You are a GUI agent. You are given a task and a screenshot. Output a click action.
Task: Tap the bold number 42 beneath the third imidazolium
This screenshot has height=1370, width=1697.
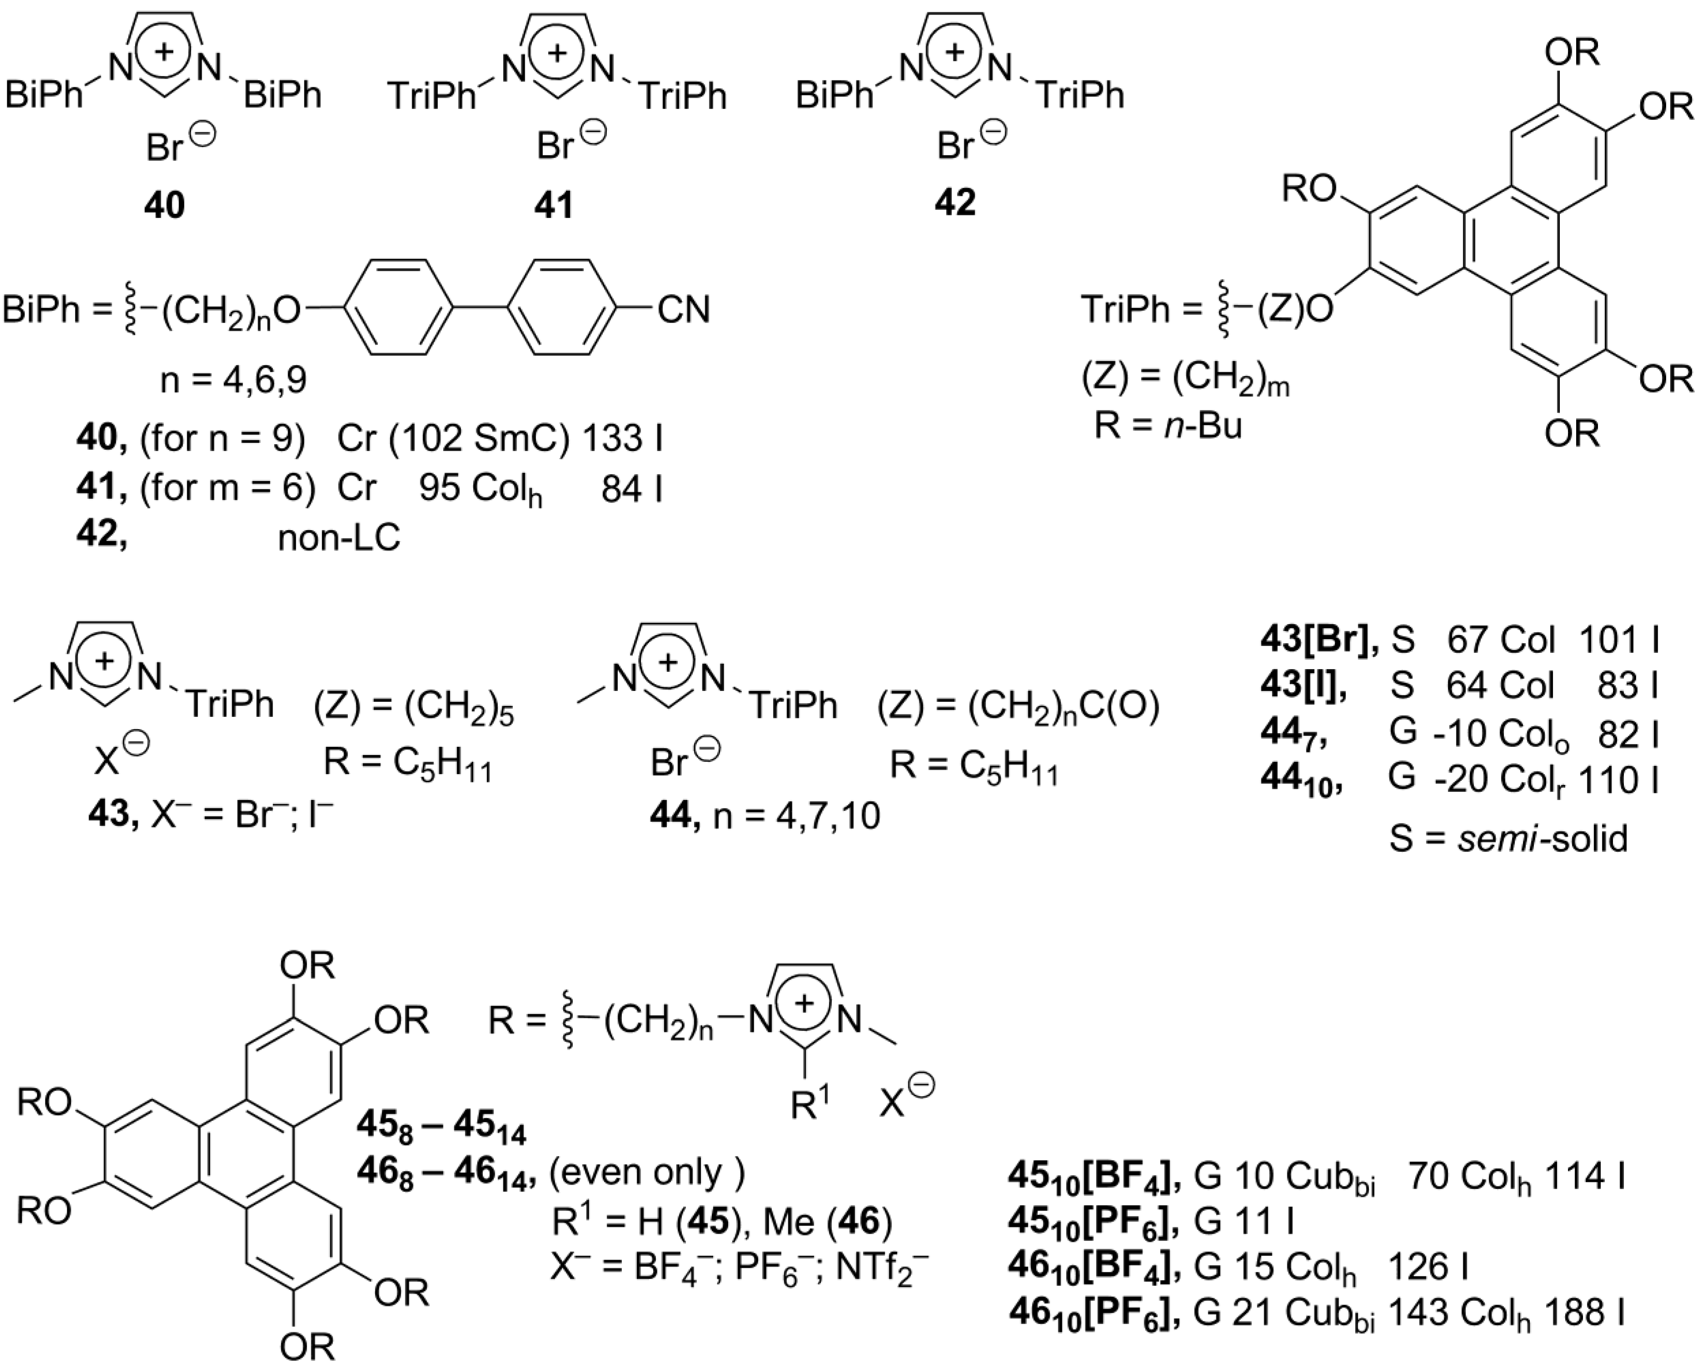tap(955, 203)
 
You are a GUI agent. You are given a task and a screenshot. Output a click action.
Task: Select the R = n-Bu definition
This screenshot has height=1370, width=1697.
tap(1168, 426)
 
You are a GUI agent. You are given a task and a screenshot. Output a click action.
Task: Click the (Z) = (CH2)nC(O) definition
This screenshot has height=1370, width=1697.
tap(1018, 708)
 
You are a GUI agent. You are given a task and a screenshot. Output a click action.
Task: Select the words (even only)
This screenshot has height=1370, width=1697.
tap(647, 1173)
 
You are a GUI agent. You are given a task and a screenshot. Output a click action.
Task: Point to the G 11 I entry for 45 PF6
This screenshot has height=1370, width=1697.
tap(1243, 1221)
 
